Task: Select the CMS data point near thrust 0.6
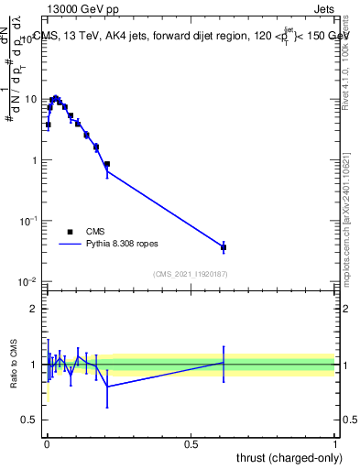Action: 224,247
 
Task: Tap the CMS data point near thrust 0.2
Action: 107,165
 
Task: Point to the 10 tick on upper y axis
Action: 31,99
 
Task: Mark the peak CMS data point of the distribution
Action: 56,98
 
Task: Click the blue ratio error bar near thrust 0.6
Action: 224,363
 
